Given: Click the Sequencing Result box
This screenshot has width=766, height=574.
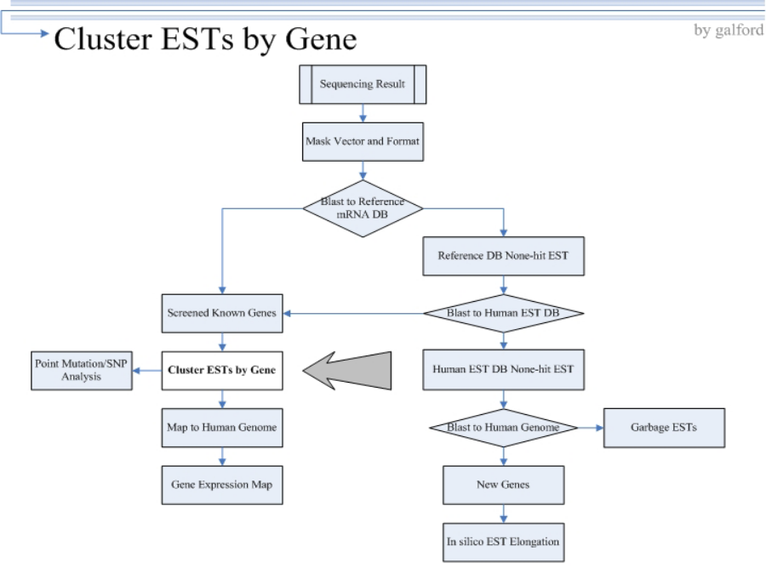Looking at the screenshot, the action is click(363, 84).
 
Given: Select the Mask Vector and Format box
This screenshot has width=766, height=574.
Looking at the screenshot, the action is click(363, 141).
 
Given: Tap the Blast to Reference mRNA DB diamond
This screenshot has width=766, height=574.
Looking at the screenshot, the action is click(363, 208).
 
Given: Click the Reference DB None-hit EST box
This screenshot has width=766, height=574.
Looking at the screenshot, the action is click(503, 256).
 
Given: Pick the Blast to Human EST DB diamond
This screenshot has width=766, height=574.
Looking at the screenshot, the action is click(503, 313).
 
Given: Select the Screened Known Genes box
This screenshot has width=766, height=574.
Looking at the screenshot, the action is click(222, 313).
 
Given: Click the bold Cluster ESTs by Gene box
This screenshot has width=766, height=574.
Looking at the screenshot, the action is click(222, 371).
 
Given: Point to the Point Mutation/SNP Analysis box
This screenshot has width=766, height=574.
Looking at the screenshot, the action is click(82, 371).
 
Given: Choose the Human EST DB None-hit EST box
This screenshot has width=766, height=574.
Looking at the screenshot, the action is click(503, 370).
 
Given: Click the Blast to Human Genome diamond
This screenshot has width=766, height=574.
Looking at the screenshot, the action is click(503, 428).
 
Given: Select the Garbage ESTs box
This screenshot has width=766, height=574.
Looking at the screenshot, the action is click(664, 428).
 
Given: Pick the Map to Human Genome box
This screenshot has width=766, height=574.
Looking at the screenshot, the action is click(222, 428).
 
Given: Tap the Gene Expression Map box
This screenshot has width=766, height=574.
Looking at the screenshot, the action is click(222, 485).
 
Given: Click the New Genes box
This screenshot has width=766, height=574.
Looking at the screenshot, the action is click(503, 485).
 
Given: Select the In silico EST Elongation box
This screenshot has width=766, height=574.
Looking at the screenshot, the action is click(503, 543).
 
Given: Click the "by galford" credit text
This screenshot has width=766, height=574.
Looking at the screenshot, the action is click(729, 31).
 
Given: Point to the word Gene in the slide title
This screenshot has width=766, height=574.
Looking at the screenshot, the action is click(321, 38).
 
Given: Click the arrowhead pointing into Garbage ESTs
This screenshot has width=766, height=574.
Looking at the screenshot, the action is click(599, 428).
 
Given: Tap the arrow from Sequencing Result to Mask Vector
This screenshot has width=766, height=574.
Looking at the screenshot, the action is click(363, 113).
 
